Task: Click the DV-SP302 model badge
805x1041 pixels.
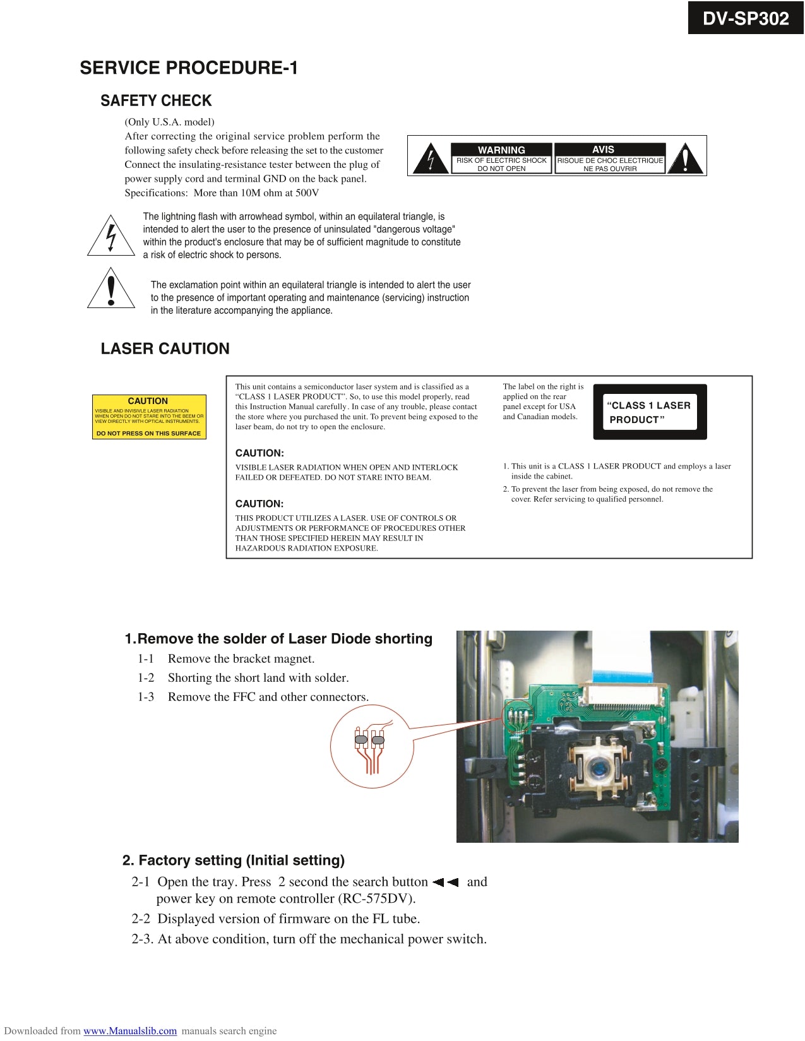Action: tap(745, 18)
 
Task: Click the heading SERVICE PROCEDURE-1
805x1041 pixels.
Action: tap(188, 68)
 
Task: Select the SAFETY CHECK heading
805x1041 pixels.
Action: tap(156, 101)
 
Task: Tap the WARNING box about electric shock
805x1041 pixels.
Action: tap(501, 158)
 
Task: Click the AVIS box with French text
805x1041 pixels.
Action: tap(609, 158)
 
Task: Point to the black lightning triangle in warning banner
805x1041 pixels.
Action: tap(431, 160)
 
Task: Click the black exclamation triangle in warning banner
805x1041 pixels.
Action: tap(685, 160)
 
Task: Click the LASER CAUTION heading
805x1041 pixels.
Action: tap(165, 348)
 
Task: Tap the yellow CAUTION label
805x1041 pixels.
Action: tap(149, 417)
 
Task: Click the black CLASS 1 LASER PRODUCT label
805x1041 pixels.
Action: tap(650, 412)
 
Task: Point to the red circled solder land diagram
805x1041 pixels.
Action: tap(371, 746)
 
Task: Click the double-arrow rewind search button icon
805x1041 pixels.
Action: tap(446, 883)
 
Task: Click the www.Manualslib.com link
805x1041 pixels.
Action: tap(130, 1031)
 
